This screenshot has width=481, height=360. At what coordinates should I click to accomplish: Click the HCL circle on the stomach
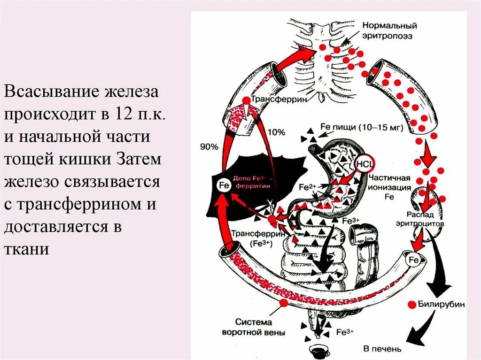[364, 164]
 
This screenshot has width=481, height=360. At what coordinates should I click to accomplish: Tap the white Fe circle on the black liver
[224, 185]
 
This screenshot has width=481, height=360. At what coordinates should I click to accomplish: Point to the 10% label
[277, 133]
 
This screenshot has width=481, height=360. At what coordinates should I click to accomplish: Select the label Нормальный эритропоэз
[389, 31]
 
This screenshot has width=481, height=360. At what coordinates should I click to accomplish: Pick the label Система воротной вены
[254, 327]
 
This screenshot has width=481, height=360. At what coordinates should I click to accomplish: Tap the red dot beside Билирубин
[412, 304]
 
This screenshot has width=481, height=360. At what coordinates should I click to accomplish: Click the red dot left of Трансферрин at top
[246, 100]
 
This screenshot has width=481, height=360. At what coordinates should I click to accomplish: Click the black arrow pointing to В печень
[418, 329]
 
